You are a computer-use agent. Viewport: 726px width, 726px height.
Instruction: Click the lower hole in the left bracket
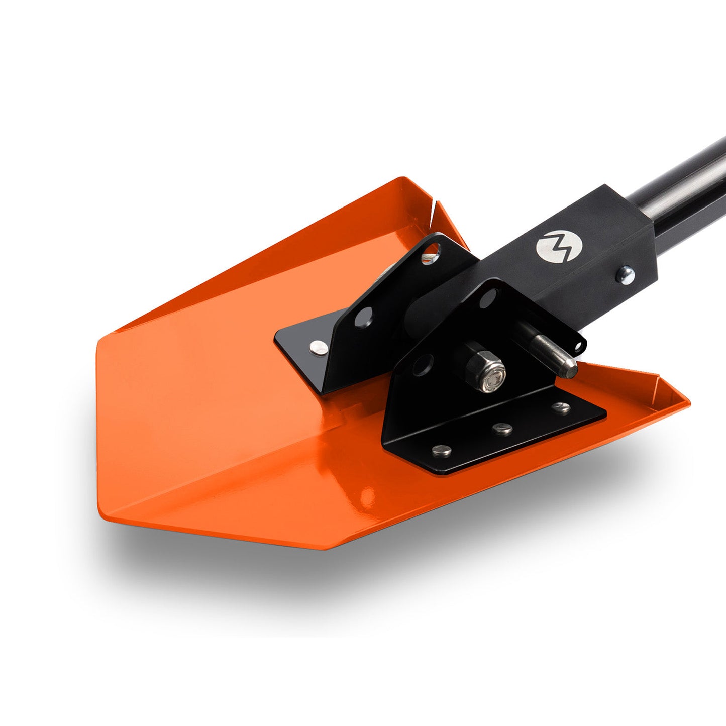(363, 317)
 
